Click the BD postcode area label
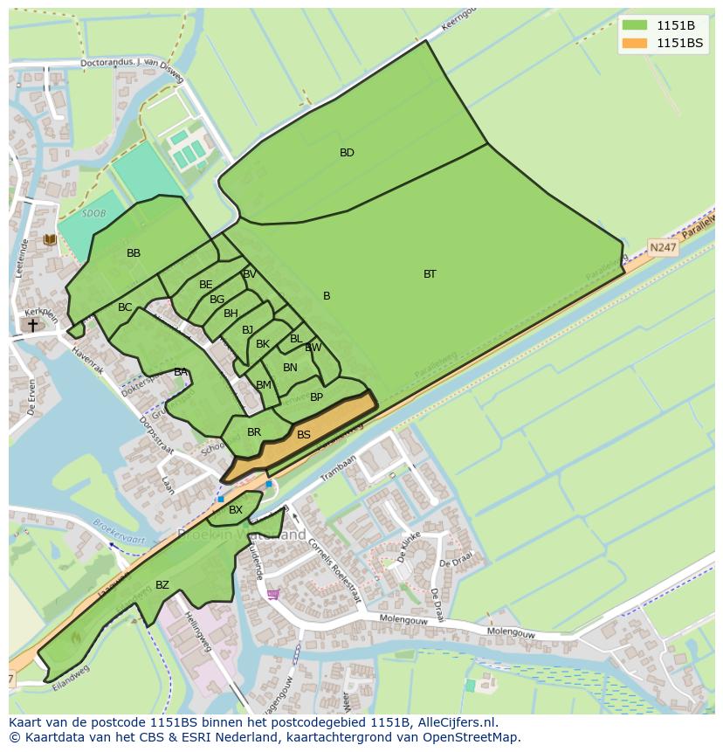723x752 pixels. coord(347,153)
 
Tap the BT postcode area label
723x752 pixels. coord(430,274)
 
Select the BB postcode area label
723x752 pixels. coord(134,253)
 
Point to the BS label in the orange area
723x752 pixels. coord(304,435)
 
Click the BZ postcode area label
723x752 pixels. coord(162,585)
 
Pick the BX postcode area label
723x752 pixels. coord(236,510)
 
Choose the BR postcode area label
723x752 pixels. coord(254,432)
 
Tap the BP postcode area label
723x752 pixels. coord(317,397)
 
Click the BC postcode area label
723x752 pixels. coord(125,307)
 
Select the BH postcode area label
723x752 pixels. coord(231,314)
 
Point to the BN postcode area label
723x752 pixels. coord(290,368)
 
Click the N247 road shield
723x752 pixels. coord(663,247)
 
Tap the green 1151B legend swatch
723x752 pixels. coord(635,25)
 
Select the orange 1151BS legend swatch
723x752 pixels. coord(635,43)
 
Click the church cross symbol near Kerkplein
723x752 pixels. coord(32,325)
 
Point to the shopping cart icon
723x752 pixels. coord(273,594)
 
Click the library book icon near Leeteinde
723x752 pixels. coord(50,239)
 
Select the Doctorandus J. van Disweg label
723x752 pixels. coord(132,62)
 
